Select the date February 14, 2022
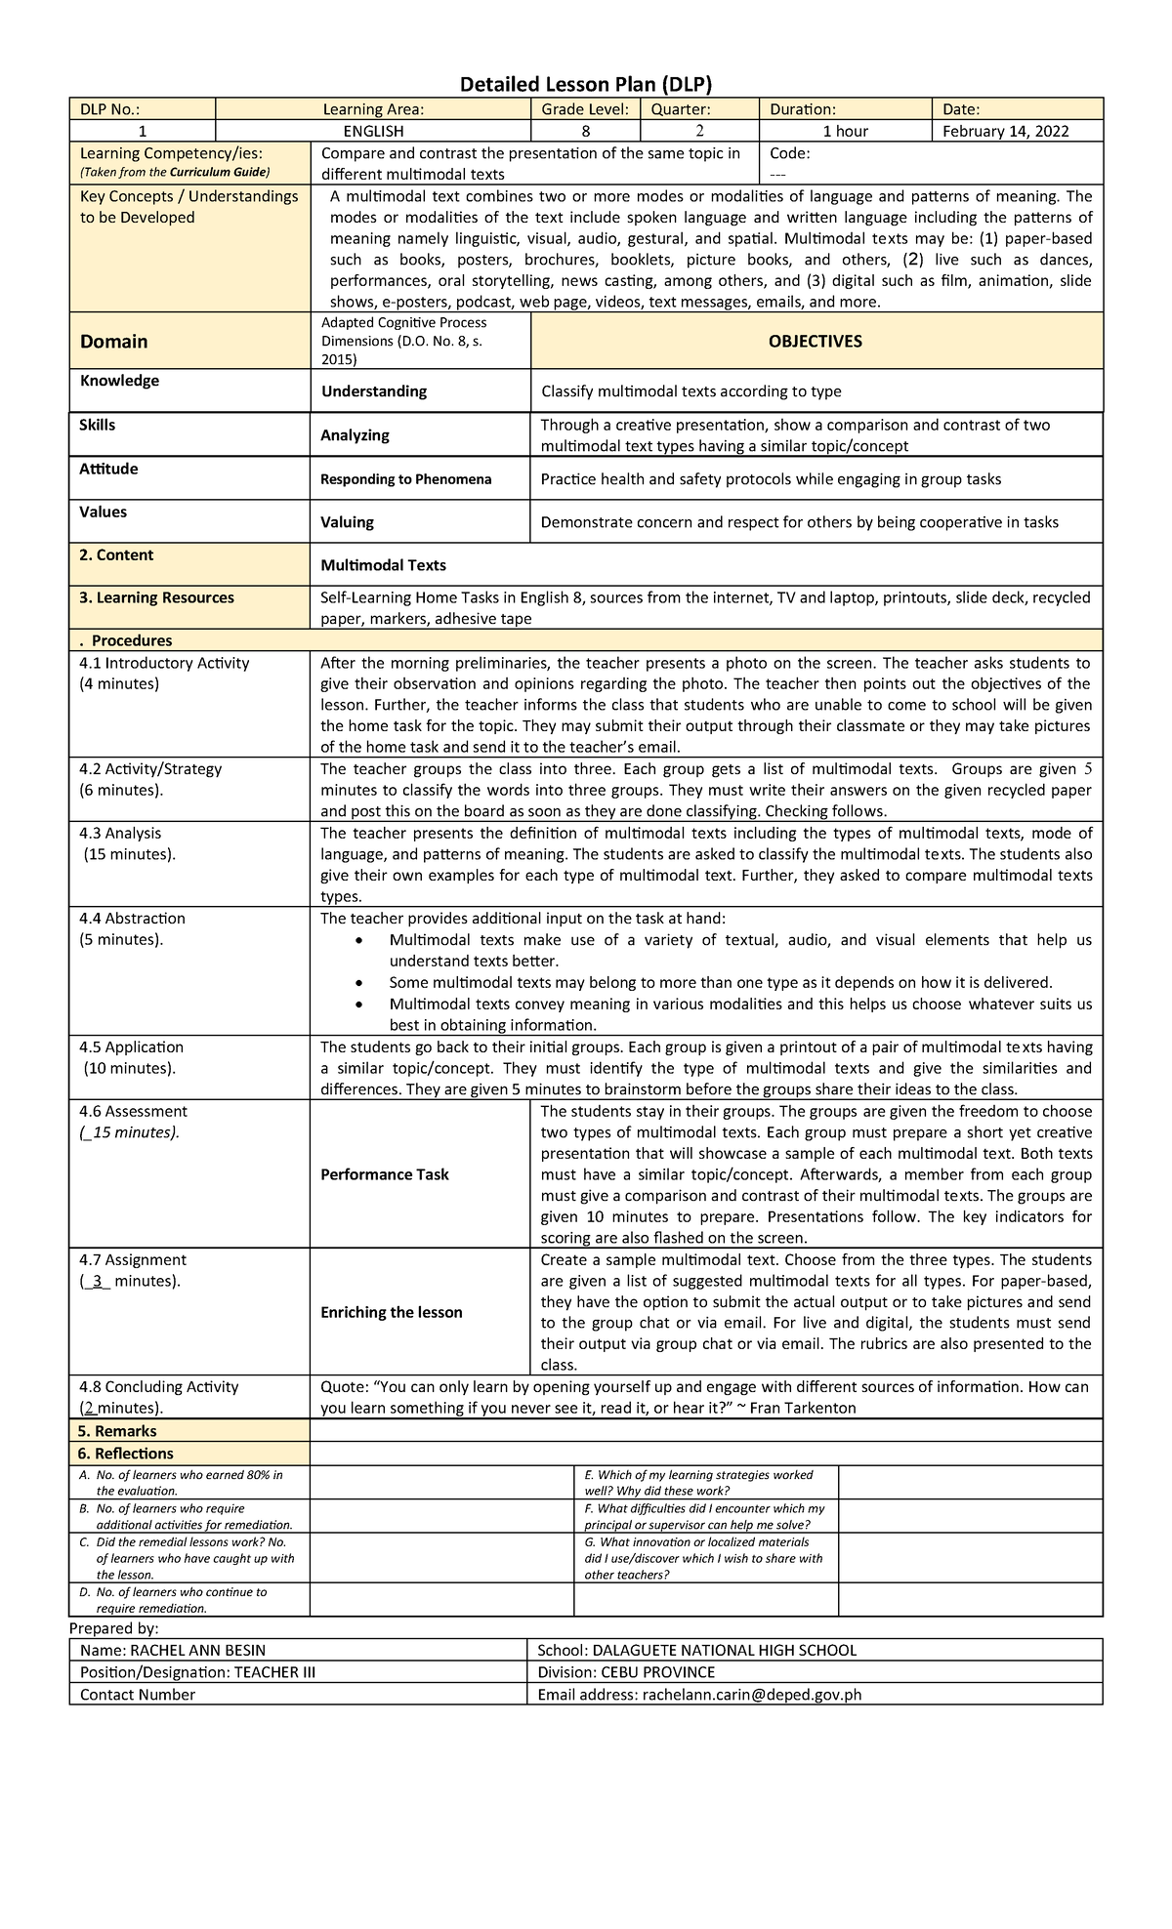point(1005,131)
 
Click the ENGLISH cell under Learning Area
point(373,131)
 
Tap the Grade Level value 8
point(585,131)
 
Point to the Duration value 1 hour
point(845,131)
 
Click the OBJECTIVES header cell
point(816,341)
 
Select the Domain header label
point(114,342)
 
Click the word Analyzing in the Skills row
point(355,435)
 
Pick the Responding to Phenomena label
point(406,479)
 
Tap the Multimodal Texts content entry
point(383,565)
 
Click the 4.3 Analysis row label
point(120,833)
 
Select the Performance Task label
point(385,1174)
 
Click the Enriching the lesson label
point(392,1312)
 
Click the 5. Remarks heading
point(117,1431)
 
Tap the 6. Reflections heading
point(126,1454)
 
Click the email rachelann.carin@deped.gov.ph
point(751,1695)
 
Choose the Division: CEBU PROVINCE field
point(626,1672)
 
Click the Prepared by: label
point(113,1628)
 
